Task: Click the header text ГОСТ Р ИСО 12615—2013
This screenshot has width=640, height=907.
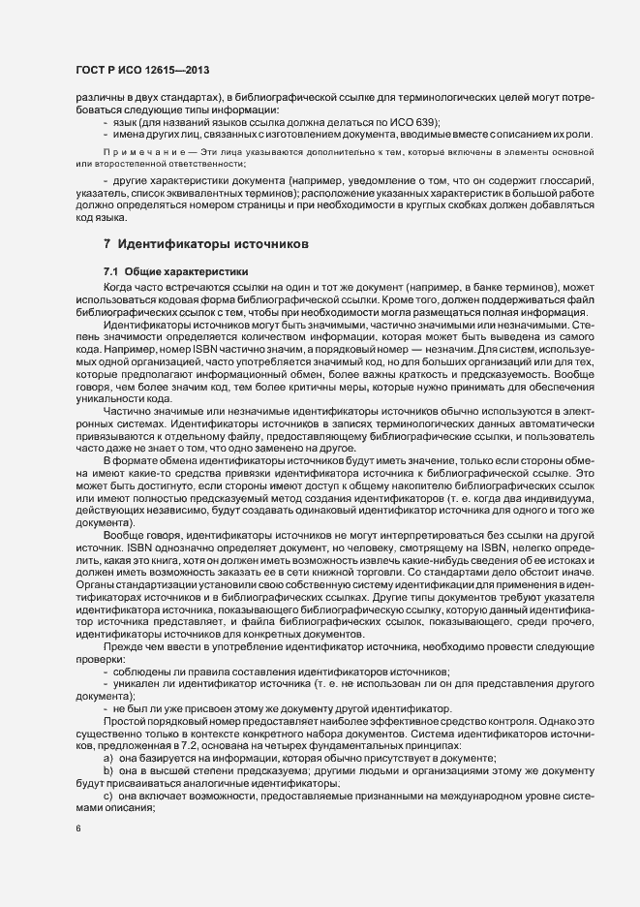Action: point(141,71)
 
